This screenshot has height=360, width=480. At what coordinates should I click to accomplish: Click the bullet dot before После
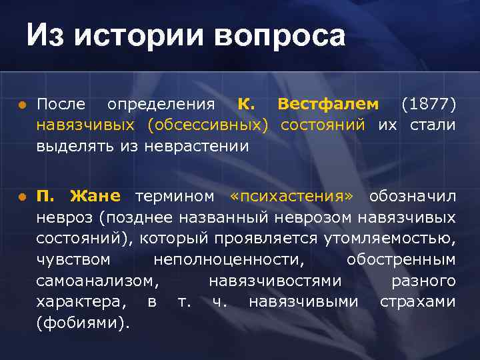tap(22, 105)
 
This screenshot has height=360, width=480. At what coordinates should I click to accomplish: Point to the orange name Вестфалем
tap(328, 105)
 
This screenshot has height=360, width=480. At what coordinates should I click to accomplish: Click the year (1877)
tap(428, 105)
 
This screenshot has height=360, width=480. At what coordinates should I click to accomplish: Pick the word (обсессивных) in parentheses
tap(207, 125)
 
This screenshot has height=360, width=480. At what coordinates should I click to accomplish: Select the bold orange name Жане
tap(95, 196)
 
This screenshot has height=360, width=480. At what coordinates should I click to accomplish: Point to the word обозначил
tap(413, 196)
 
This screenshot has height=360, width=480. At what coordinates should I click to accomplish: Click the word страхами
tap(417, 301)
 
